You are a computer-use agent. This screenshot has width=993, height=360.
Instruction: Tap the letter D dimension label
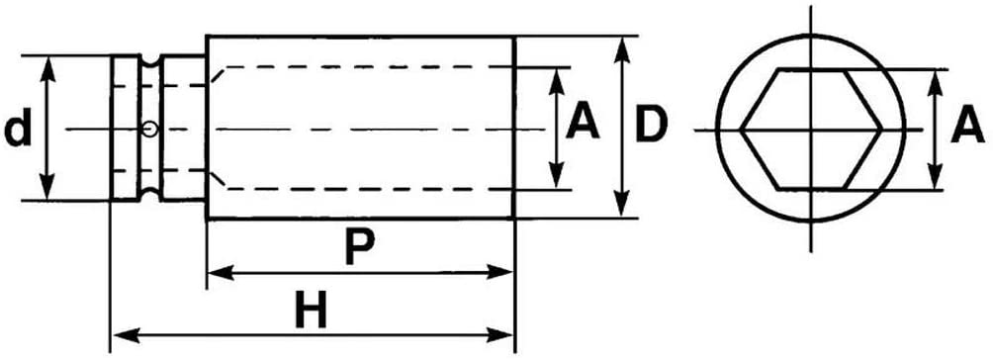tap(651, 125)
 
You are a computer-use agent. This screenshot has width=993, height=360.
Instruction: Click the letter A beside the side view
tap(583, 123)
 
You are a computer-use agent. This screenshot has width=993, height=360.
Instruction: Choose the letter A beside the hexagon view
tap(967, 126)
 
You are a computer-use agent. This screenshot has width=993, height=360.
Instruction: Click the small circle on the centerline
tap(149, 130)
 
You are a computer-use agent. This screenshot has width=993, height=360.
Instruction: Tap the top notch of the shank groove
tap(149, 61)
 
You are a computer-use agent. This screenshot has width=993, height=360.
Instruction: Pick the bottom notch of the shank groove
tap(149, 195)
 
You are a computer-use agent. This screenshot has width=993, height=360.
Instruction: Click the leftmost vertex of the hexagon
tap(741, 130)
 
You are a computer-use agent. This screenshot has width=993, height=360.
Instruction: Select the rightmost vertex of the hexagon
tap(881, 130)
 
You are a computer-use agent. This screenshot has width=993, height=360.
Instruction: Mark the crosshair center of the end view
tap(811, 130)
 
